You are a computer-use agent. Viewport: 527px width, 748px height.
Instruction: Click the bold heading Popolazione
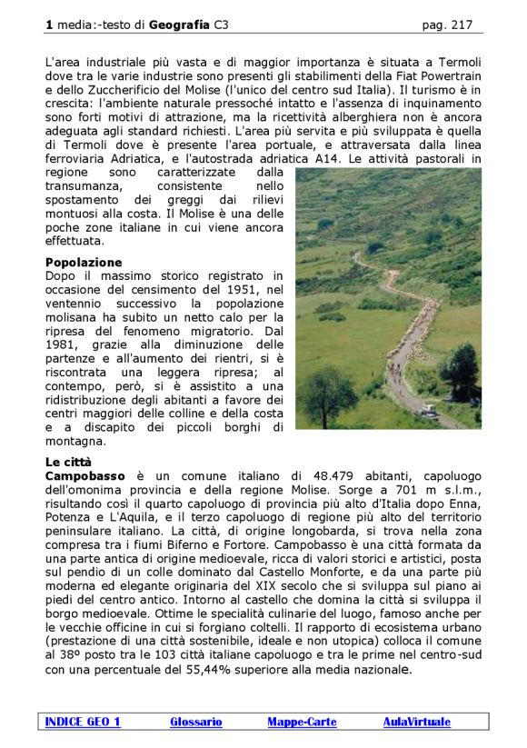(84, 263)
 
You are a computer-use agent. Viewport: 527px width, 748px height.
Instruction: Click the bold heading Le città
(68, 462)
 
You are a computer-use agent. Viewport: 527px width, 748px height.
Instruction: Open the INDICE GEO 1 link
(83, 723)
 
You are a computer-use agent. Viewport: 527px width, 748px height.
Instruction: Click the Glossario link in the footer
(195, 723)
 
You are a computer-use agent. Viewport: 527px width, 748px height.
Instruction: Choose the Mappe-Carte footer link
(302, 723)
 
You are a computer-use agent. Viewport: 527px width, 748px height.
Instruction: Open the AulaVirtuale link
(416, 723)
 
